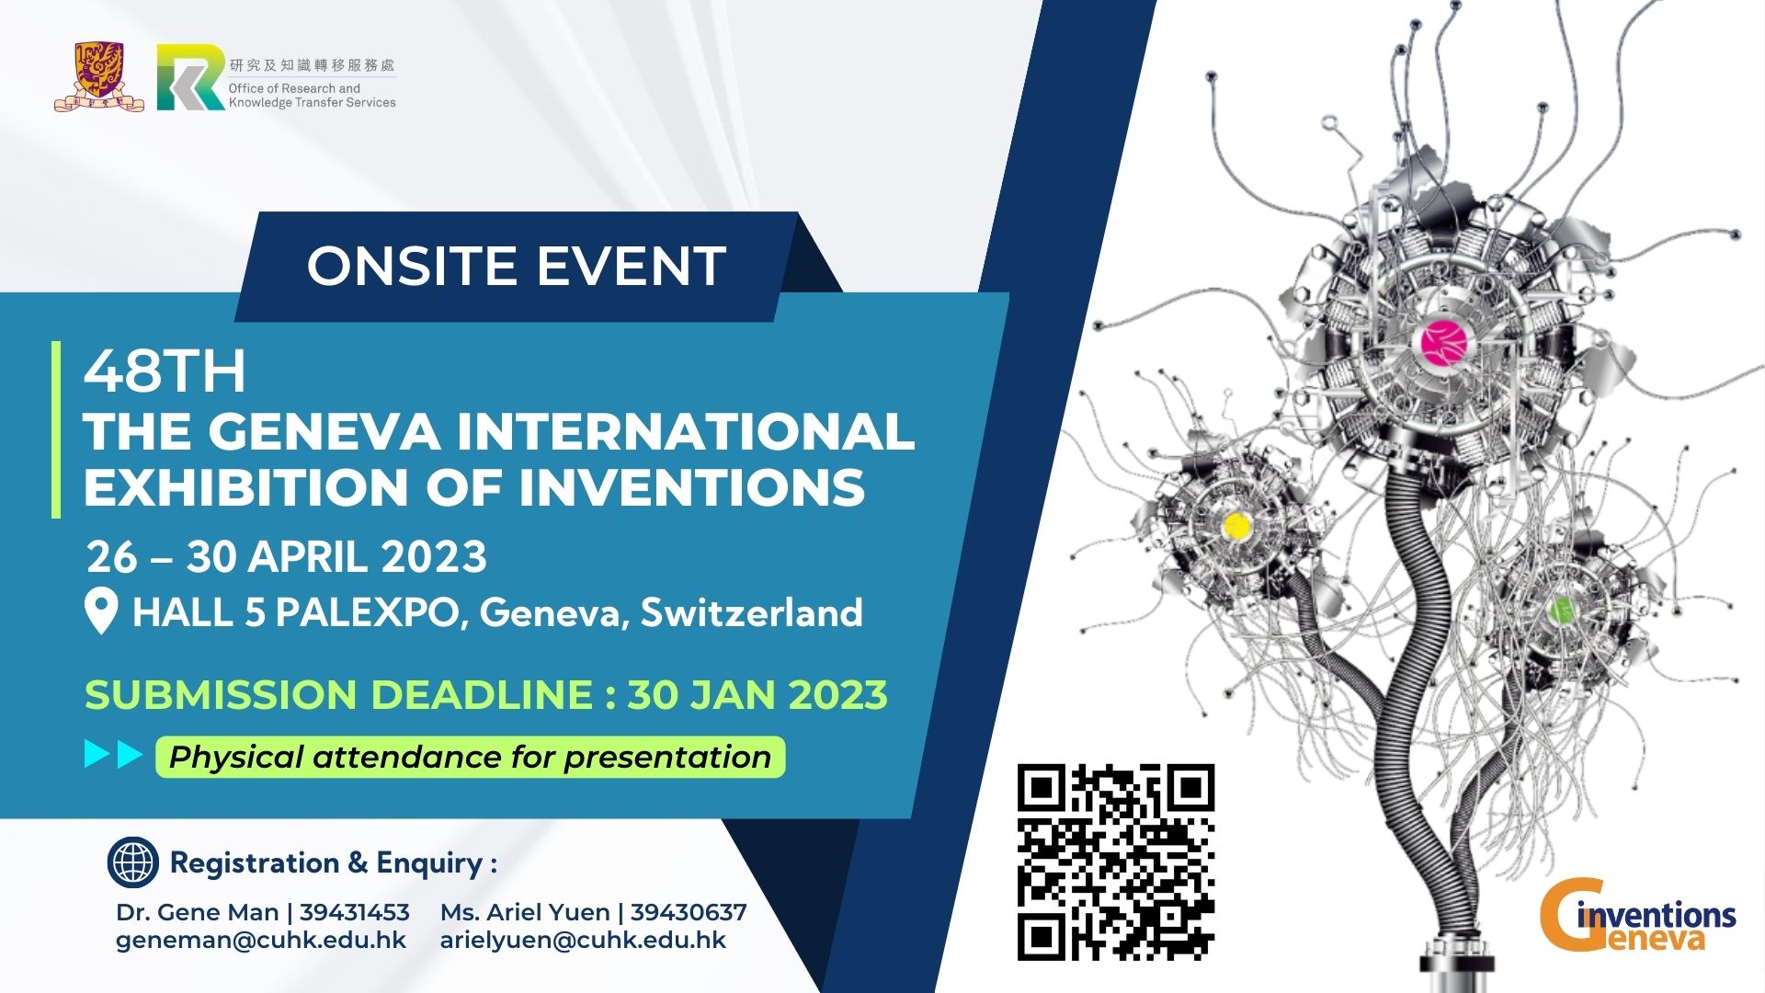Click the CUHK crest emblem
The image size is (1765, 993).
[x=99, y=76]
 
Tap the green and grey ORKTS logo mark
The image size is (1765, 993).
[x=190, y=77]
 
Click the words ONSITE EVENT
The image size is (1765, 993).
[x=517, y=266]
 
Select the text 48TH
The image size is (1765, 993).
[x=165, y=371]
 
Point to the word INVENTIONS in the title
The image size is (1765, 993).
[x=692, y=486]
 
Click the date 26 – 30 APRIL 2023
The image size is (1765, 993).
[x=287, y=556]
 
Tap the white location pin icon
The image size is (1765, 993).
[x=101, y=611]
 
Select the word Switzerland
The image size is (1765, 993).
[x=751, y=612]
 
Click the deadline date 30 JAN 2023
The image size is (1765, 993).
[x=757, y=694]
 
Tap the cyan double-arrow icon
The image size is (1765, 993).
[x=113, y=755]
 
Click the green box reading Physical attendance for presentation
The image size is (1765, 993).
[x=470, y=757]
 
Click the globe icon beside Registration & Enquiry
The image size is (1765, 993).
[x=133, y=862]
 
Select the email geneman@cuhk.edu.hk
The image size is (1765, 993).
[x=261, y=940]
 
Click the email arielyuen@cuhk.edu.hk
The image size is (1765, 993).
[x=583, y=940]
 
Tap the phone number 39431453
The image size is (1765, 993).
[x=355, y=912]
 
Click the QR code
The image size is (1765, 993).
[x=1116, y=862]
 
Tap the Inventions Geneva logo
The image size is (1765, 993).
[x=1638, y=916]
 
